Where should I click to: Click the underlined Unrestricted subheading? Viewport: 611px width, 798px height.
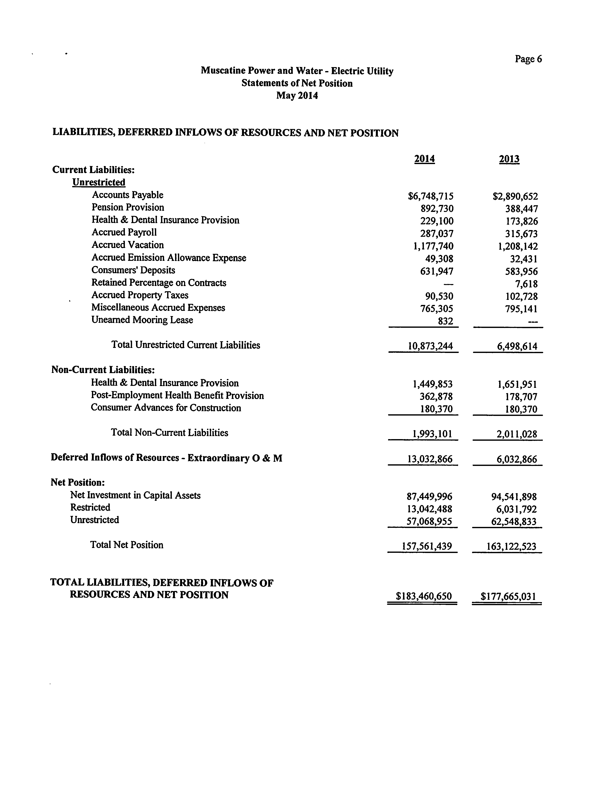click(99, 182)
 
